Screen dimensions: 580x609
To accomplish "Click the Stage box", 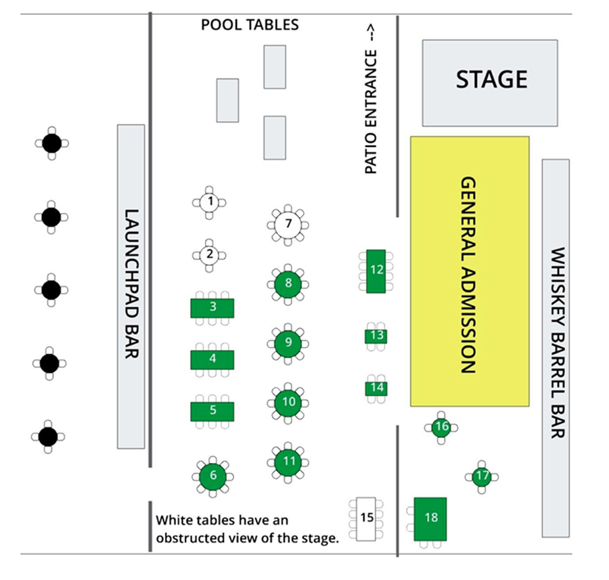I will pyautogui.click(x=491, y=83).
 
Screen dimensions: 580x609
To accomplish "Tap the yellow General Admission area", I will pyautogui.click(x=470, y=271).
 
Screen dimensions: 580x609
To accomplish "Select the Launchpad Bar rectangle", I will pyautogui.click(x=131, y=286).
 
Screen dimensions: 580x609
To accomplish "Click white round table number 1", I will pyautogui.click(x=210, y=202).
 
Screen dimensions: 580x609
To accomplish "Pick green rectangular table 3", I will pyautogui.click(x=212, y=307).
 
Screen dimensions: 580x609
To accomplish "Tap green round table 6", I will pyautogui.click(x=213, y=476).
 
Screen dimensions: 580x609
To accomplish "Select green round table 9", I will pyautogui.click(x=288, y=342).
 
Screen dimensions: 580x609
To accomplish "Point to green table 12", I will pyautogui.click(x=376, y=271).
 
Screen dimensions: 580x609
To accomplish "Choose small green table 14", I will pyautogui.click(x=377, y=388).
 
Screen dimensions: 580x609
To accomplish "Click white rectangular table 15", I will pyautogui.click(x=367, y=519).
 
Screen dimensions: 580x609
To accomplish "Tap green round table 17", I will pyautogui.click(x=482, y=476).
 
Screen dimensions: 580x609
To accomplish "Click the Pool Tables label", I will pyautogui.click(x=250, y=25).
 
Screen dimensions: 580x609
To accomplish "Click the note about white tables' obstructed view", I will pyautogui.click(x=247, y=529).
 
